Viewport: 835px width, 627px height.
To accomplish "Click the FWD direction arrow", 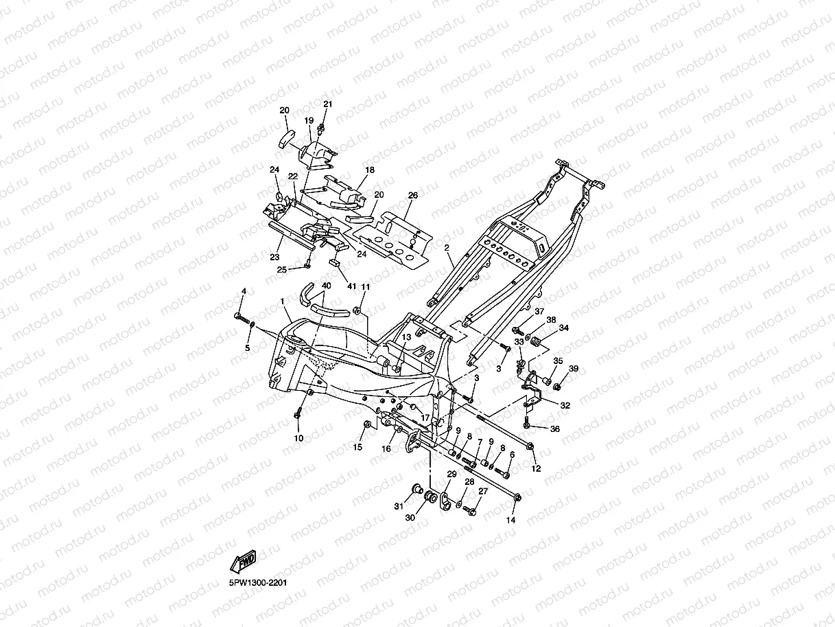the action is click(x=244, y=561).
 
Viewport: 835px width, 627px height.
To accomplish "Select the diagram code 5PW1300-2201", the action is click(x=258, y=583).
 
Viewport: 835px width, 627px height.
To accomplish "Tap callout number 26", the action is click(x=413, y=195).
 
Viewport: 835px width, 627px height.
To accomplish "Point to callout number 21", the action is click(x=328, y=104).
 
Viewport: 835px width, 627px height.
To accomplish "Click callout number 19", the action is click(x=309, y=120).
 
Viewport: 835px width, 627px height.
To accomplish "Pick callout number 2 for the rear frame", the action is click(x=447, y=248).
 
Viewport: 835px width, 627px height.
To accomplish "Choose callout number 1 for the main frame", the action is click(x=282, y=301).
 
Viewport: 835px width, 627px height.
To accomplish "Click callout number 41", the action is click(x=351, y=286).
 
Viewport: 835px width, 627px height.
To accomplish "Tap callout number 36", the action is click(x=555, y=429).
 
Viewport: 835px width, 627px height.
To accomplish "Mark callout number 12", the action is click(x=536, y=468).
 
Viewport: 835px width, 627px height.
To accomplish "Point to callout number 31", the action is click(x=399, y=506).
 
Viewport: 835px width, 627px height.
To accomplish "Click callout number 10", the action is click(x=298, y=438).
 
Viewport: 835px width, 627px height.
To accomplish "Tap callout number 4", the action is click(x=244, y=291).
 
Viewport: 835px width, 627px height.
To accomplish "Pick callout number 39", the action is click(x=574, y=369).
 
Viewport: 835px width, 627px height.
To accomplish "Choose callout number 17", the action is click(x=425, y=418).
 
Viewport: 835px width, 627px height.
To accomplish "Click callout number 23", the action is click(x=274, y=257).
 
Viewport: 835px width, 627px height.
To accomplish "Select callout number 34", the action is click(x=564, y=328).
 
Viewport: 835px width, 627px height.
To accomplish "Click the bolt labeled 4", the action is click(x=242, y=318).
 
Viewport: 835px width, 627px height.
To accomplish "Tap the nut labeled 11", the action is click(x=357, y=310).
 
